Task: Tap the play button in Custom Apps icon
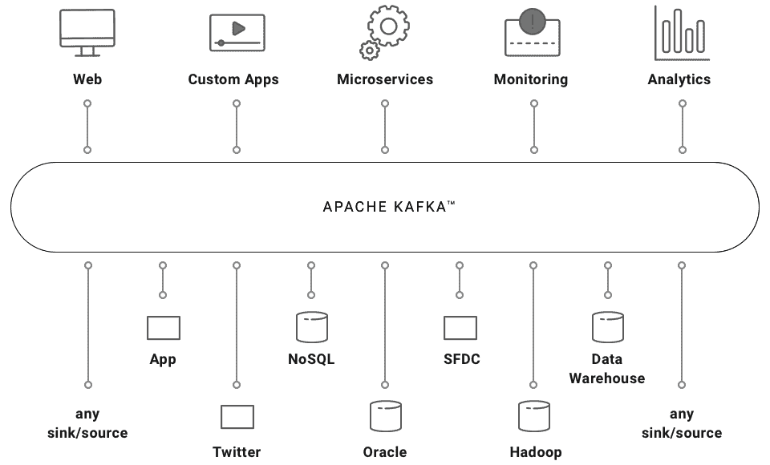click(239, 29)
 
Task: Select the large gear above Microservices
click(388, 26)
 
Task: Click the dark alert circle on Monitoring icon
click(533, 22)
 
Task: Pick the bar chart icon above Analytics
click(682, 34)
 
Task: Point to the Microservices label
click(385, 79)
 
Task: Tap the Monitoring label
click(531, 79)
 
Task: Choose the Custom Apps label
click(233, 79)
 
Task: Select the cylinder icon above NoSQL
click(312, 326)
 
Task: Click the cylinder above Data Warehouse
click(608, 326)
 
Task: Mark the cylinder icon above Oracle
click(386, 416)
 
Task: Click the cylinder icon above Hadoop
click(534, 416)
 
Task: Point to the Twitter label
click(237, 452)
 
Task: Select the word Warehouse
click(607, 378)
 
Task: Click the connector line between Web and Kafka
click(87, 127)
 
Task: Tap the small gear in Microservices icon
click(369, 51)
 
